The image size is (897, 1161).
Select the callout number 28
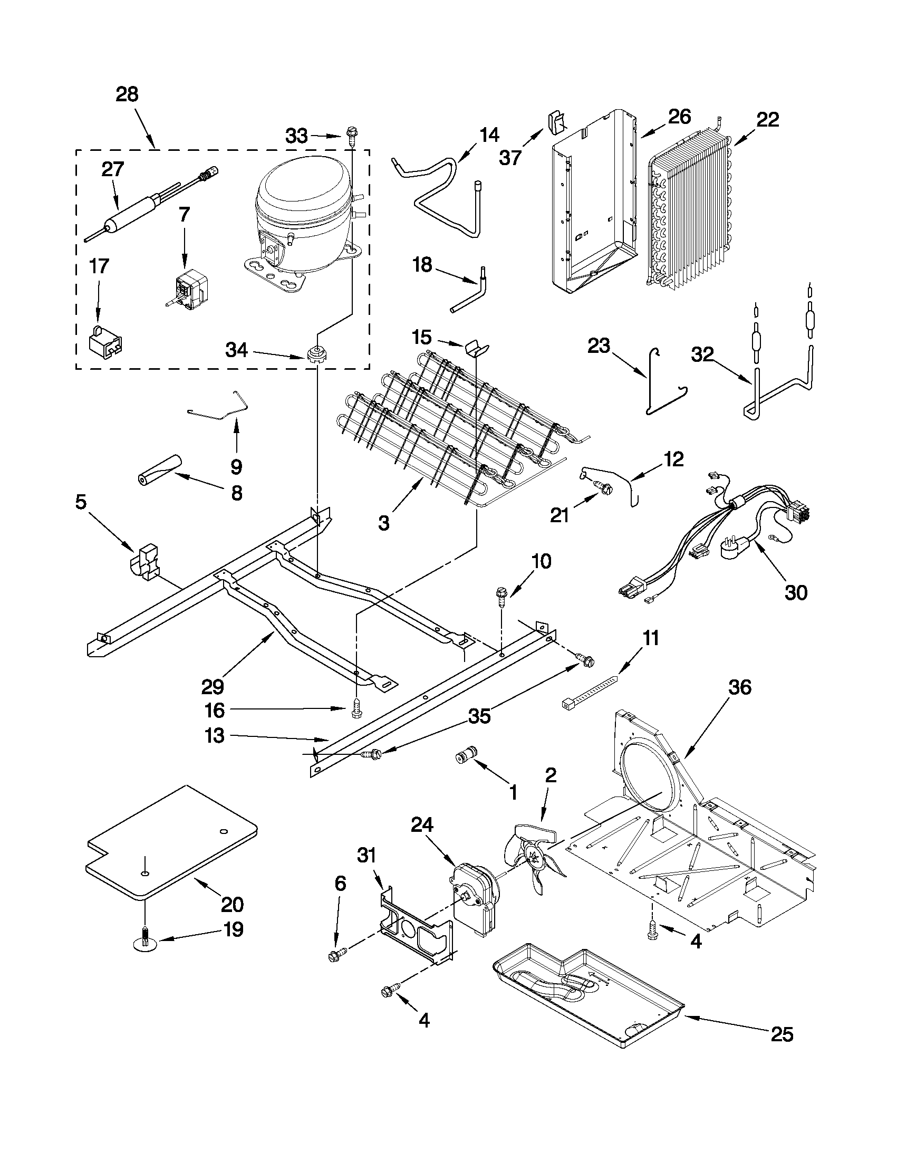click(x=127, y=94)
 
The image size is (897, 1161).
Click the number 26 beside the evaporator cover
click(x=679, y=116)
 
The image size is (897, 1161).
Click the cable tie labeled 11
click(x=590, y=691)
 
